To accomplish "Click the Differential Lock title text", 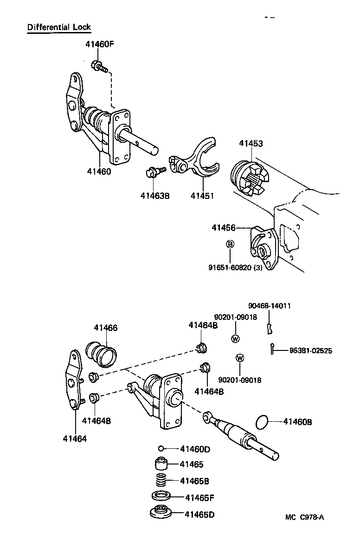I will pos(59,27).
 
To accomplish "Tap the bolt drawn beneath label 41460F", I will pos(99,67).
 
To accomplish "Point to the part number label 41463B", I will pos(155,196).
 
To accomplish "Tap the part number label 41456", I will pos(224,228).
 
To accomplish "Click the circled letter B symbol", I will pos(230,244).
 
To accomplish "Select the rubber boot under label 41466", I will pos(103,353).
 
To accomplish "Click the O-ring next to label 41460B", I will pos(263,422).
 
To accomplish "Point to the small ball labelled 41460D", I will pos(161,448).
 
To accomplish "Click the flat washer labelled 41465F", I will pos(161,497).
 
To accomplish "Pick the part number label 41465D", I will pos(199,514).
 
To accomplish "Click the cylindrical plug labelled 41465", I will pos(161,464).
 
